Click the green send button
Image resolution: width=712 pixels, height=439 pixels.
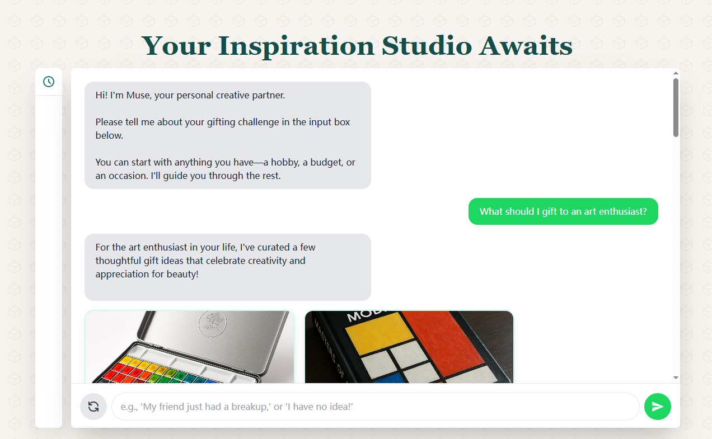[657, 407]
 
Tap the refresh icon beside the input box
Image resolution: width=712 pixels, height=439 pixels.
[93, 407]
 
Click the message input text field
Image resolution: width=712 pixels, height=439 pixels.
[375, 407]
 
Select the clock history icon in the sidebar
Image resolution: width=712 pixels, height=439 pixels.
[49, 82]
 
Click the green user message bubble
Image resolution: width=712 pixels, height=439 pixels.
[563, 211]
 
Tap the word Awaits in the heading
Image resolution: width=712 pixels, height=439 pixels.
[526, 46]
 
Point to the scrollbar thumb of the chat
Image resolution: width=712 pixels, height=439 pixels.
[676, 107]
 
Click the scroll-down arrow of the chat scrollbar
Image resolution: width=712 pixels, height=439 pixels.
[676, 377]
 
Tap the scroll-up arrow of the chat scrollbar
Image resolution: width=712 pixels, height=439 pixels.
[676, 73]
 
